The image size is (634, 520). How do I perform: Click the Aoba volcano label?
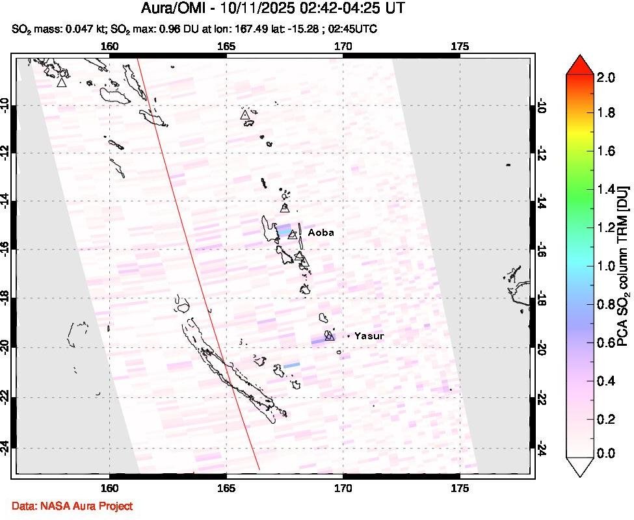pyautogui.click(x=321, y=233)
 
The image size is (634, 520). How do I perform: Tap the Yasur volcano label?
pyautogui.click(x=370, y=336)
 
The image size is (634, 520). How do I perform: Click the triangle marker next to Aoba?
pyautogui.click(x=293, y=235)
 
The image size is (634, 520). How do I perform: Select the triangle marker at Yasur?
pyautogui.click(x=330, y=336)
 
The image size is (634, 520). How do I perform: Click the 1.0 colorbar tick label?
pyautogui.click(x=605, y=266)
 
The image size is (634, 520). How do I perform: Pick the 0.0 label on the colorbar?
pyautogui.click(x=605, y=453)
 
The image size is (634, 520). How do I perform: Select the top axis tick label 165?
pyautogui.click(x=226, y=46)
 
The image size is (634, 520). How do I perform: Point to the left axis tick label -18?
pyautogui.click(x=8, y=298)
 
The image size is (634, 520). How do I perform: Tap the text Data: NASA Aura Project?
pyautogui.click(x=72, y=505)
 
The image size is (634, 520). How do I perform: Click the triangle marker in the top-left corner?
pyautogui.click(x=61, y=82)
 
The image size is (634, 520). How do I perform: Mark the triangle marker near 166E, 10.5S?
pyautogui.click(x=245, y=115)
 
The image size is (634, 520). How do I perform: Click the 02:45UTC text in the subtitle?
pyautogui.click(x=357, y=29)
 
